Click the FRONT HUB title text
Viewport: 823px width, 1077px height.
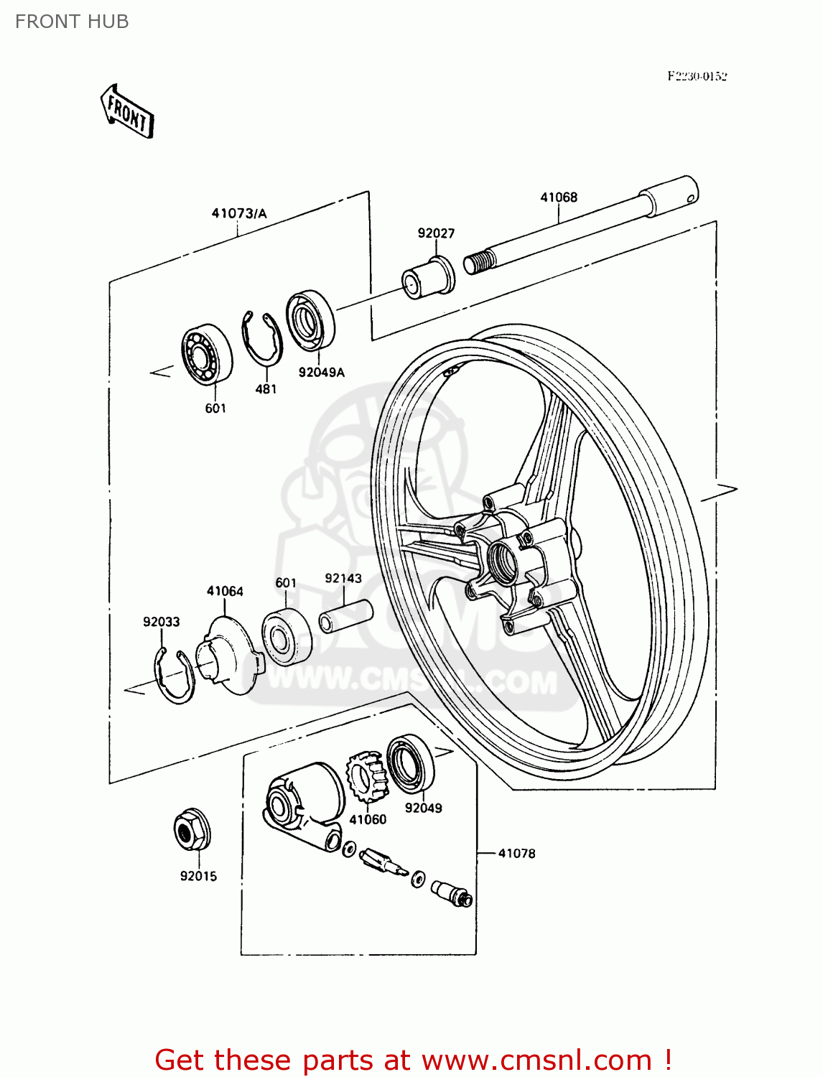tap(72, 22)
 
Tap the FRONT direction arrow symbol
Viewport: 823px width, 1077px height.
tap(127, 112)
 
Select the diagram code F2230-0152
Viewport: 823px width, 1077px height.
tap(697, 76)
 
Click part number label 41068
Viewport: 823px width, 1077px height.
tap(559, 197)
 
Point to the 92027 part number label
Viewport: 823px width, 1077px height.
tap(436, 233)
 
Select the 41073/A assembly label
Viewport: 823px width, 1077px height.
tap(239, 213)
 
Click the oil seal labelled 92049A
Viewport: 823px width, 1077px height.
tap(311, 321)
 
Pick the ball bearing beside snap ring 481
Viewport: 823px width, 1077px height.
tap(207, 355)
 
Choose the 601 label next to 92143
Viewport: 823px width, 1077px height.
tap(286, 582)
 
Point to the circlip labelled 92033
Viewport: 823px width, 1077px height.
tap(174, 674)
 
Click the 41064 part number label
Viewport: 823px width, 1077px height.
tap(225, 591)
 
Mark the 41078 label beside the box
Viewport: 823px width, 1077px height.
tap(517, 853)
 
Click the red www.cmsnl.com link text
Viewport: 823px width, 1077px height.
tap(536, 1060)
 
